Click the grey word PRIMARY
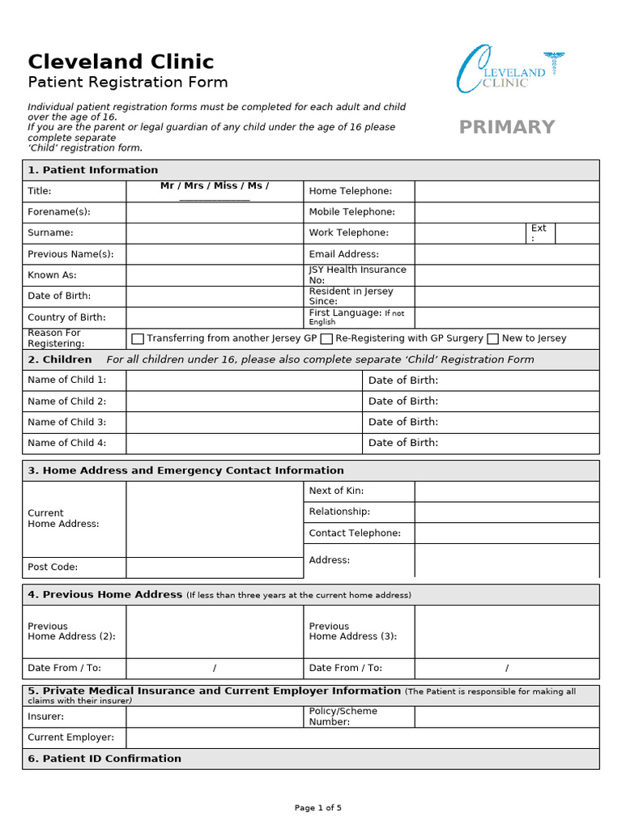(507, 127)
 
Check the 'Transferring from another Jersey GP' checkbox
(138, 338)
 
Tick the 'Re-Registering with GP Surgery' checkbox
(327, 338)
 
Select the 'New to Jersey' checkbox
(492, 338)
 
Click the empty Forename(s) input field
(214, 212)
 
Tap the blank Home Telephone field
(506, 191)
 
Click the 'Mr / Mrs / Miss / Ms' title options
(214, 187)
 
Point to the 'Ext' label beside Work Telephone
(539, 232)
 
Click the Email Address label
(343, 254)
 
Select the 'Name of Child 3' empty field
(244, 422)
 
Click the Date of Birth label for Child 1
(403, 380)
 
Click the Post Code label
(53, 568)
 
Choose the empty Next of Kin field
(506, 491)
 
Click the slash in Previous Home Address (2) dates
(215, 669)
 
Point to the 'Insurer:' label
(45, 716)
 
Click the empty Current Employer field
(362, 738)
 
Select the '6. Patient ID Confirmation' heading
(104, 759)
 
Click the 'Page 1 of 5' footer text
(317, 808)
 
